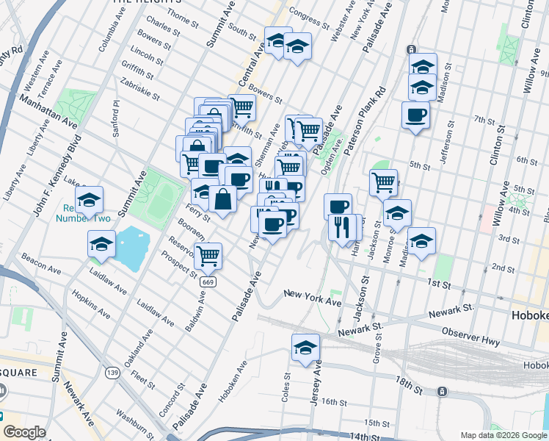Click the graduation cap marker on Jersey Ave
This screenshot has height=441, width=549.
pos(306,348)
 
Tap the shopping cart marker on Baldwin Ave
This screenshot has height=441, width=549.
pos(208,256)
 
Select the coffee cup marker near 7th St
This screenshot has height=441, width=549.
pos(415,115)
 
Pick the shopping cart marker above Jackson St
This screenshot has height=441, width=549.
pos(384,182)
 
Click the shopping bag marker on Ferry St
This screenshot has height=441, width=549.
pos(222,198)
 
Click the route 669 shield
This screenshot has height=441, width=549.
pos(208,280)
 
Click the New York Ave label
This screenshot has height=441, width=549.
pos(313,297)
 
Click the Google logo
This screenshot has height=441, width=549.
pos(24,432)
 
